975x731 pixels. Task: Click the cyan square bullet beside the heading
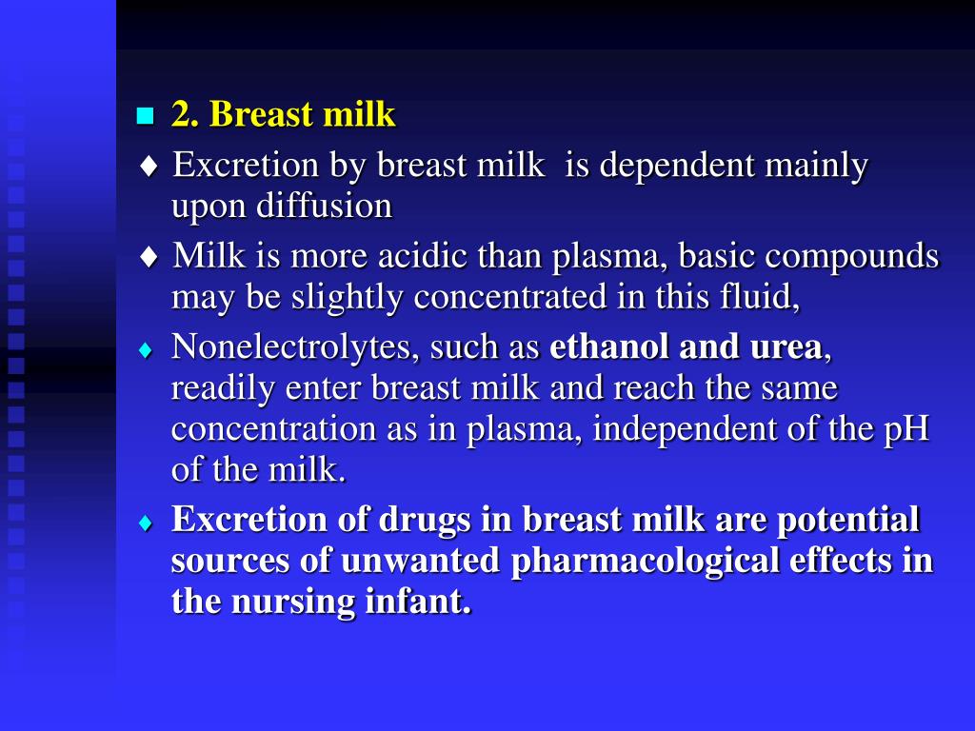(x=145, y=117)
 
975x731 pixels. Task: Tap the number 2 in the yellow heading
(x=181, y=115)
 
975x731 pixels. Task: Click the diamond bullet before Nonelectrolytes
(x=146, y=350)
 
